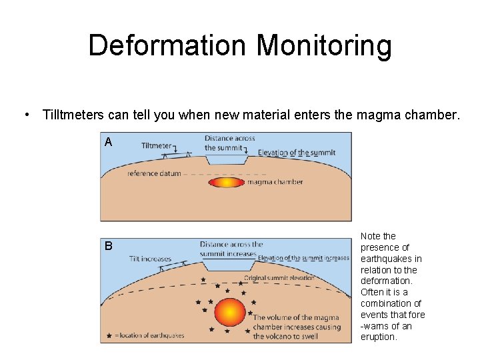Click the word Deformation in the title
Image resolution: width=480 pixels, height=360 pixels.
[168, 45]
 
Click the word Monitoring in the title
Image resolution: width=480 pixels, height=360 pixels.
[324, 45]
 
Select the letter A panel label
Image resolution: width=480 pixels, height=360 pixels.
[108, 142]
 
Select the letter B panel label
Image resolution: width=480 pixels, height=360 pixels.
[108, 246]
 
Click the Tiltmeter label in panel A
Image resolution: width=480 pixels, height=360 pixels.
[157, 145]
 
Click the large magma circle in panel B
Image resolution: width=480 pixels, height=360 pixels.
[231, 312]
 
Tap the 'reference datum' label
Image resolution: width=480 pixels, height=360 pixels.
[153, 173]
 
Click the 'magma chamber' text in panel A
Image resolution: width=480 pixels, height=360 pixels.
[275, 182]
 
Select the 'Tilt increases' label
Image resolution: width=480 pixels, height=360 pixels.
[149, 259]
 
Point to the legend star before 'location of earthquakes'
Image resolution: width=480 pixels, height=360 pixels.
[109, 335]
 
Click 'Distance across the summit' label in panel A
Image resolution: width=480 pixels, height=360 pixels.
[229, 143]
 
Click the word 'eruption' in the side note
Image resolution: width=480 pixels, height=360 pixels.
[379, 337]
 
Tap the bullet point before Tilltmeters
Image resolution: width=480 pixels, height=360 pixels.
[25, 115]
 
